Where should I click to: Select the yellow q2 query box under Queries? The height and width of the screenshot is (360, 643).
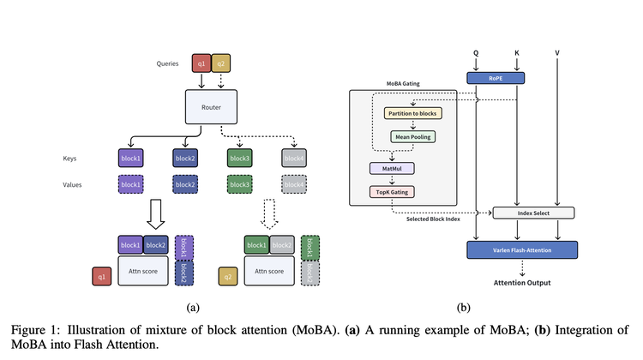click(220, 63)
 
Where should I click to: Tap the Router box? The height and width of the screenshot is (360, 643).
click(211, 107)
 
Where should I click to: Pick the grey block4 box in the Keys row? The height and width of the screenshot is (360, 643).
click(294, 158)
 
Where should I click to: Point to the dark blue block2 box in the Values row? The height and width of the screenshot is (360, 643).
click(184, 184)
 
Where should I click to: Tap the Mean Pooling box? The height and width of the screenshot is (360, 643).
click(413, 135)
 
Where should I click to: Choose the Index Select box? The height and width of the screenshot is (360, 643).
click(532, 213)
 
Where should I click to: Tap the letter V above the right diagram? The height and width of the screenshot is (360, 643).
click(558, 53)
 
